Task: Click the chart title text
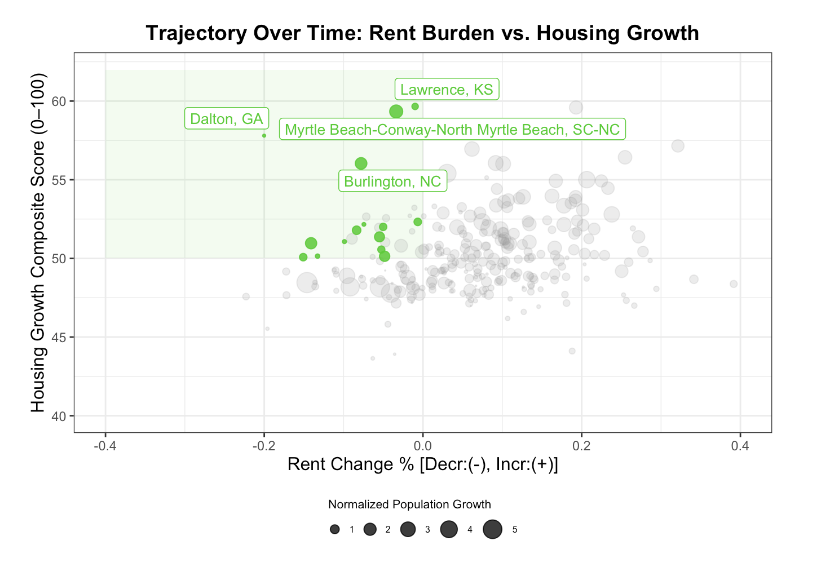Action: click(422, 33)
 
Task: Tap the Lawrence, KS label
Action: click(447, 89)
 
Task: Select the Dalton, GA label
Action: click(227, 119)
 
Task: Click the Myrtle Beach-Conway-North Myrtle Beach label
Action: click(452, 130)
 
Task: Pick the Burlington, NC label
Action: click(392, 181)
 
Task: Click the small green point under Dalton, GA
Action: click(264, 136)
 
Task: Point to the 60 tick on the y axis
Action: click(60, 101)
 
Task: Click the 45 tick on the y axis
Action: click(60, 338)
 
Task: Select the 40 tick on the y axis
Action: click(60, 416)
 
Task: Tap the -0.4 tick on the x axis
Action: click(105, 446)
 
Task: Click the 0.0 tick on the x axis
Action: click(422, 446)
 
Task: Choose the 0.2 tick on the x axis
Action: click(581, 446)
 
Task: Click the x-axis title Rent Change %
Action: click(422, 464)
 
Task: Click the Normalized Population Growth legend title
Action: click(409, 504)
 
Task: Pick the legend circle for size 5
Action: click(493, 530)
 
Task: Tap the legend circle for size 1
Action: click(335, 530)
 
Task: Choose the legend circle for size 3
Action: click(408, 530)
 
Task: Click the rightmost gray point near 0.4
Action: click(734, 284)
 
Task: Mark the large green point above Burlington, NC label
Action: click(361, 163)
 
